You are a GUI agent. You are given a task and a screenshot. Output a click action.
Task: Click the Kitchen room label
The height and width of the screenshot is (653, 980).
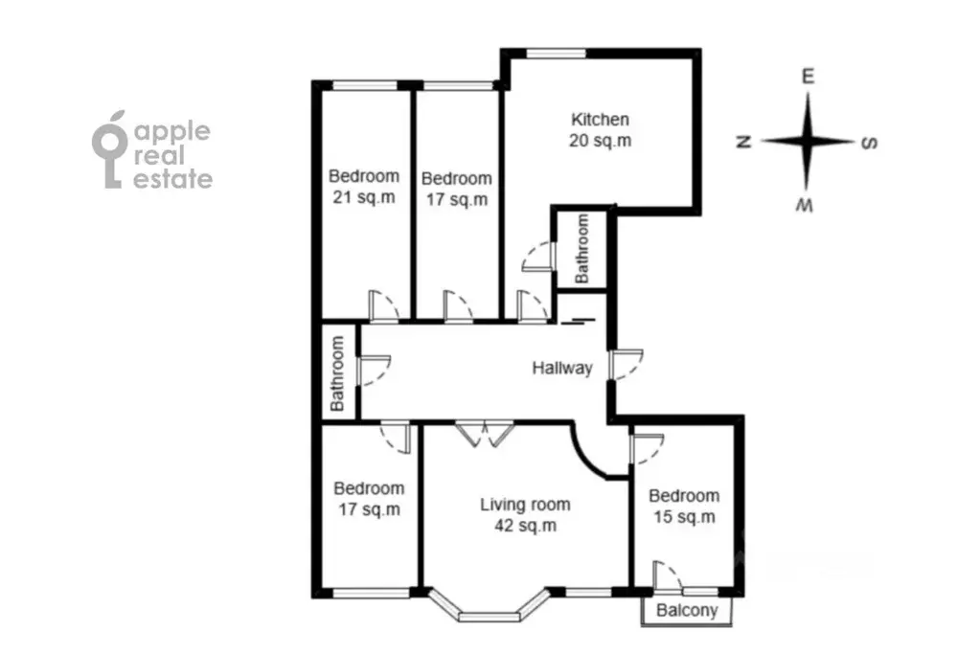(x=600, y=120)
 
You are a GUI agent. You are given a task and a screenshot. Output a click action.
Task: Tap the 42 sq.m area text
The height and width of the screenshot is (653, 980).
(x=525, y=527)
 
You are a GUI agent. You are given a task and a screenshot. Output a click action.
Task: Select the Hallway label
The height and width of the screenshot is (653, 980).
(x=562, y=368)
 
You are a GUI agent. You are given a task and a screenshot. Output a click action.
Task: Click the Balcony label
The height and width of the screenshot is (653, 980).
(x=687, y=611)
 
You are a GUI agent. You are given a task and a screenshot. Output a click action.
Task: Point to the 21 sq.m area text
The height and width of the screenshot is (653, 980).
(x=364, y=197)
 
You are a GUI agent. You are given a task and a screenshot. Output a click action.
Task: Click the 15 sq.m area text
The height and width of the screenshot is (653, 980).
(x=684, y=517)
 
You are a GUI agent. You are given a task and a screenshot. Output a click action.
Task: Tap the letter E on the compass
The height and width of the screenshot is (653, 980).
(x=808, y=77)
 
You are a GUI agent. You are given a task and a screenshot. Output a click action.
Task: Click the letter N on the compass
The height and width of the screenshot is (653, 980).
(x=743, y=142)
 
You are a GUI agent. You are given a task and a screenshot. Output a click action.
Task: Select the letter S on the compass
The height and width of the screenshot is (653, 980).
(x=870, y=143)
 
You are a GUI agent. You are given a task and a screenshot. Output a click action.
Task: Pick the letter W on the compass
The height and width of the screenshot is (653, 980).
(x=805, y=205)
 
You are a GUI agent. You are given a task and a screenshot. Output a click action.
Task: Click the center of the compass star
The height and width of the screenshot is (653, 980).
(x=808, y=142)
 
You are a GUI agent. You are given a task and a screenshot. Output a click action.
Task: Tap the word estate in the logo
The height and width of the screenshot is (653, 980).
(x=173, y=179)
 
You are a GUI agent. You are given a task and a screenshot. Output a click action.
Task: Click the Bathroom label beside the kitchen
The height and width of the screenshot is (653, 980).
(x=581, y=249)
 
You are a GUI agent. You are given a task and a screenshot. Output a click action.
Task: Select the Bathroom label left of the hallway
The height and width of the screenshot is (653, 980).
(x=337, y=373)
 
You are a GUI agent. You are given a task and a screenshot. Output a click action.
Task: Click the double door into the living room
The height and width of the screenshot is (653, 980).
(x=485, y=435)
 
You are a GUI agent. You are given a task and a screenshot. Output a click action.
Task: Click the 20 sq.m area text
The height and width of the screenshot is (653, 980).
(x=600, y=141)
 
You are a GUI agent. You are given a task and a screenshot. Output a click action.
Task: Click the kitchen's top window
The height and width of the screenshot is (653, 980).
(x=556, y=54)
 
